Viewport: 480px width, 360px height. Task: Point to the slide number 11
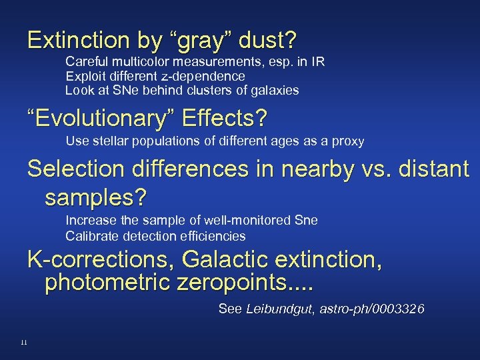coord(23,342)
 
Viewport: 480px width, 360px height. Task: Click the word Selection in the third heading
coord(74,170)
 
